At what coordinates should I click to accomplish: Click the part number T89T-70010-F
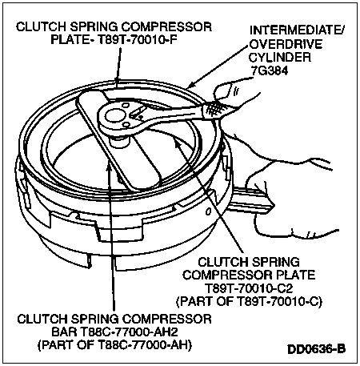tap(138, 40)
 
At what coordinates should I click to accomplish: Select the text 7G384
tap(269, 70)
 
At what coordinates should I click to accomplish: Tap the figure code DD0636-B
tap(316, 349)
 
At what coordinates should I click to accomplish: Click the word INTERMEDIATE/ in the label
tap(297, 30)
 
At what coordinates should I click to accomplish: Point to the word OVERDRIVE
tap(286, 44)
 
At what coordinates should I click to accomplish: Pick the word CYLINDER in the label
tap(280, 57)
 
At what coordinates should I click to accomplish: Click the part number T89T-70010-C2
tap(249, 288)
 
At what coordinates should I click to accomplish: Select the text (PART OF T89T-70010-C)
tap(249, 301)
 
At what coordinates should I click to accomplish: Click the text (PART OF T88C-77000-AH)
tap(115, 345)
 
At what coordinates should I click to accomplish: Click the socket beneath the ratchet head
tap(118, 140)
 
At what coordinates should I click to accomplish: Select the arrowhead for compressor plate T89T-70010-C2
tap(177, 142)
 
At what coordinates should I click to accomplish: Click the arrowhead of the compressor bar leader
tap(109, 166)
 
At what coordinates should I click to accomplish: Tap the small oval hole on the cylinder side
tap(208, 211)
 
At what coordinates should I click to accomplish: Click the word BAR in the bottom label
tap(64, 332)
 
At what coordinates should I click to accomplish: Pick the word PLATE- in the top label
tap(73, 40)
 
